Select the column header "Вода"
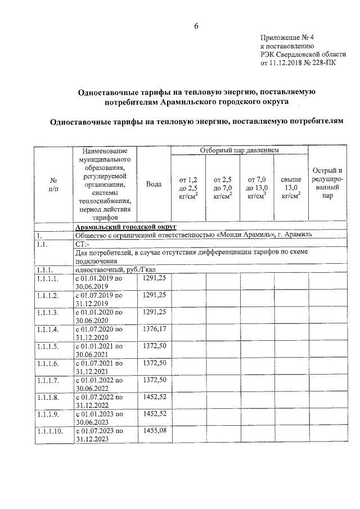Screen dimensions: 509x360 154,184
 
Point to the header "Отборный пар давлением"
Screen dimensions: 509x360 240,150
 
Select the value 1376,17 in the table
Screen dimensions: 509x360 154,327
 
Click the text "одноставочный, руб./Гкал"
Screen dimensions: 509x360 113,269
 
